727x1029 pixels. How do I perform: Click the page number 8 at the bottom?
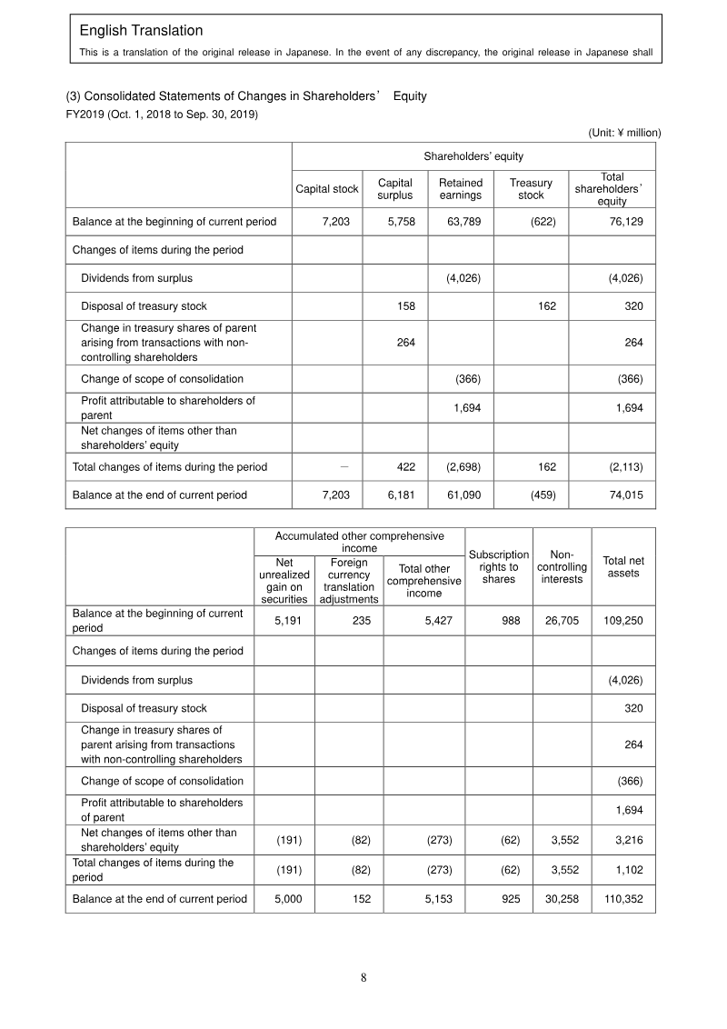tap(363, 978)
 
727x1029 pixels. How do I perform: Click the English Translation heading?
tap(141, 32)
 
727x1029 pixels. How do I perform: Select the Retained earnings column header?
tap(460, 189)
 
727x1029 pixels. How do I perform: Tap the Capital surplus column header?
tap(394, 189)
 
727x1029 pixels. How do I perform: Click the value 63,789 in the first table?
tap(463, 221)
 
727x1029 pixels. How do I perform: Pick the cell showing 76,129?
tap(624, 221)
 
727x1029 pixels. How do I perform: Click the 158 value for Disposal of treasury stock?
tap(405, 306)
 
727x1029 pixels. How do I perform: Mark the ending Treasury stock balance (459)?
tap(543, 495)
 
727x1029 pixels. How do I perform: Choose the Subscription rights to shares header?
tap(498, 566)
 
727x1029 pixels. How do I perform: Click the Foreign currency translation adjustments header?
tap(349, 581)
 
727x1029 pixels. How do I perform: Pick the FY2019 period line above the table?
tap(155, 115)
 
